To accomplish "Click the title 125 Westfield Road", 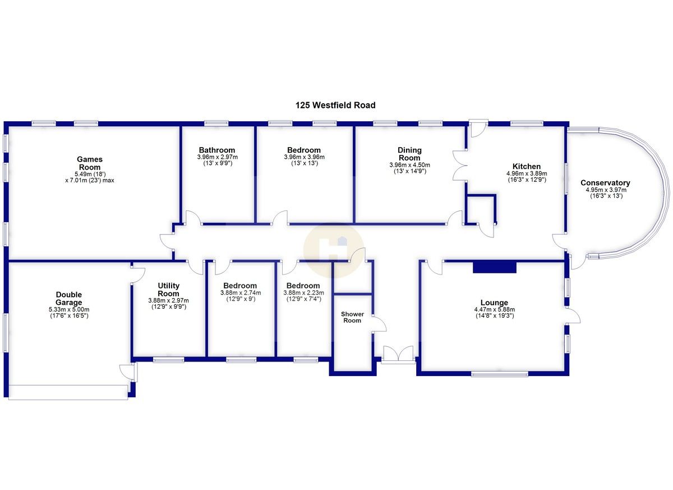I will point(335,105).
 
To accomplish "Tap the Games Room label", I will point(90,163).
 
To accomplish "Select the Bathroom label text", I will point(217,150).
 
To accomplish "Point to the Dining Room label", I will point(409,154).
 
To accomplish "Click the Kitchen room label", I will point(527,167).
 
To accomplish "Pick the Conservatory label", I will point(605,183).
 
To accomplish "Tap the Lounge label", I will point(494,303).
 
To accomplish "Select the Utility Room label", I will point(168,290).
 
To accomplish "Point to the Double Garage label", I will point(69,299).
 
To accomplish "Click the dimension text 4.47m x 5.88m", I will point(494,309).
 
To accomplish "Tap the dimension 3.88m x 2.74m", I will point(239,293).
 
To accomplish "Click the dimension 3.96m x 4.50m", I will point(409,165).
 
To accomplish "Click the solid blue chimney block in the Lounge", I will point(494,268).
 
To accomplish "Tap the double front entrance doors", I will point(398,355).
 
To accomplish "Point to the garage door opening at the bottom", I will point(68,392).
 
